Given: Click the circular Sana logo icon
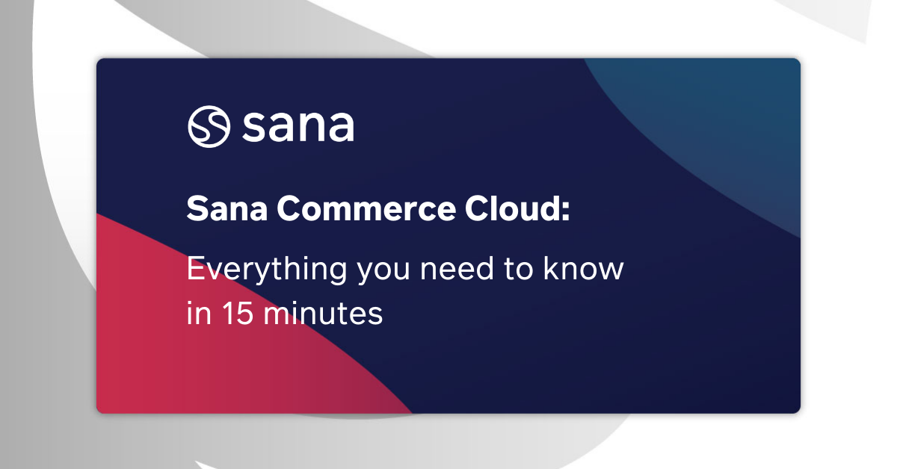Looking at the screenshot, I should (208, 126).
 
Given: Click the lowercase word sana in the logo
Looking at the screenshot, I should (298, 127).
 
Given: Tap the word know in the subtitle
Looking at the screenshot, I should (585, 269).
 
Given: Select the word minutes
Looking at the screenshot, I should (326, 314).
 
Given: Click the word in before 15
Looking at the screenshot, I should (196, 314).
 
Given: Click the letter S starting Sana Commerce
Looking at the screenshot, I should (196, 209).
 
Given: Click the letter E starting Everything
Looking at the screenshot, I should (194, 269).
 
